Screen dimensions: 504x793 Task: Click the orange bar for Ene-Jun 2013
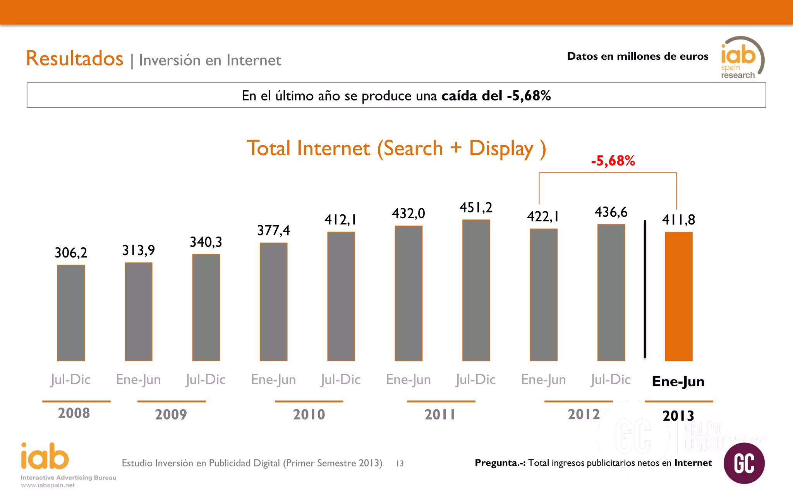point(678,297)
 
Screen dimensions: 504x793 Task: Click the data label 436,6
point(611,212)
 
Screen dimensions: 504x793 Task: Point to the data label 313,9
point(138,250)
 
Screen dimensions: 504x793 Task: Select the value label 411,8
point(678,220)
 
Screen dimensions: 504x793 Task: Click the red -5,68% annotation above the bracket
point(613,161)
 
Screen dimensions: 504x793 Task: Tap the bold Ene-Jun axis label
point(678,381)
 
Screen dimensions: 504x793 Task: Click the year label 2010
point(309,414)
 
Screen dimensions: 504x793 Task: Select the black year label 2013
point(678,416)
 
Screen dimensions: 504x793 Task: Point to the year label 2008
point(74,413)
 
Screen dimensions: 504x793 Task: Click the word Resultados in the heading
point(75,59)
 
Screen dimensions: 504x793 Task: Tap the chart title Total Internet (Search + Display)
point(396,148)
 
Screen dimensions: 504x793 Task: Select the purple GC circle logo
point(744,463)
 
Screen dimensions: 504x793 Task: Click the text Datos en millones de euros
point(637,56)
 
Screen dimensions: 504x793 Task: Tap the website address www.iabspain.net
point(48,485)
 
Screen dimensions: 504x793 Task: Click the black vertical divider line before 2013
point(645,289)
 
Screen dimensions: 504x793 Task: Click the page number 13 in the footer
point(400,463)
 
